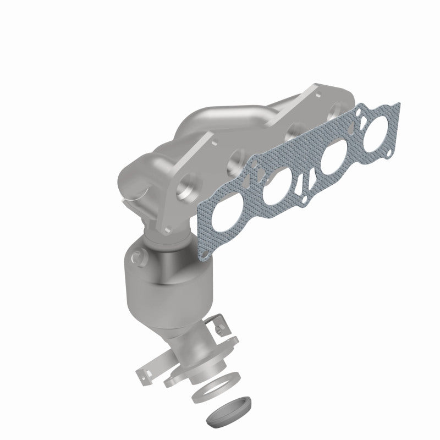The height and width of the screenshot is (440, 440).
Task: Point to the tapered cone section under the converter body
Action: [x=176, y=319]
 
